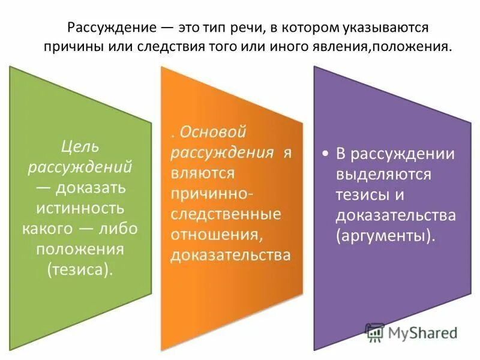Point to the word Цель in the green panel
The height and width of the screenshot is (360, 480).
click(80, 146)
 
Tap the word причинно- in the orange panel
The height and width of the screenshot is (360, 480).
click(212, 194)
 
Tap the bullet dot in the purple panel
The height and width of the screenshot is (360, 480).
click(325, 154)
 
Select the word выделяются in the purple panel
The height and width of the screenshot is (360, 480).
click(383, 175)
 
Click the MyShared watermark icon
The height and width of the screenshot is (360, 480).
click(374, 332)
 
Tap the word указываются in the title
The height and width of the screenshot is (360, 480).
click(376, 28)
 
